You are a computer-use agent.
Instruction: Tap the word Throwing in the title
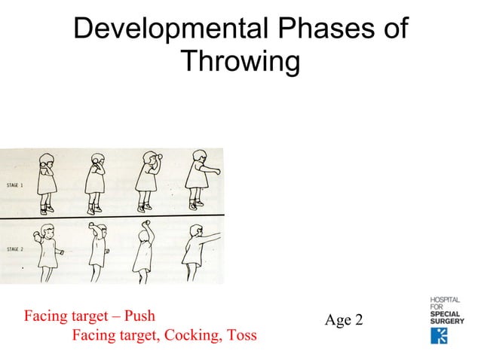(x=240, y=62)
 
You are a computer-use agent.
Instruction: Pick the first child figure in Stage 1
(x=47, y=181)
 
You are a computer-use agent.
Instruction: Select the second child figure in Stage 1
(x=96, y=182)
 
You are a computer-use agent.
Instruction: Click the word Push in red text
(x=139, y=316)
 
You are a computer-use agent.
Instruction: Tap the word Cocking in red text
(x=188, y=335)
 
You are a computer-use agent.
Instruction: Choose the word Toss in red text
(x=240, y=335)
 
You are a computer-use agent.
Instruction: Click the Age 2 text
(x=344, y=321)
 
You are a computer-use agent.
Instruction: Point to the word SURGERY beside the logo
(x=447, y=320)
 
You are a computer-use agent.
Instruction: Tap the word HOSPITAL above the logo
(x=446, y=301)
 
